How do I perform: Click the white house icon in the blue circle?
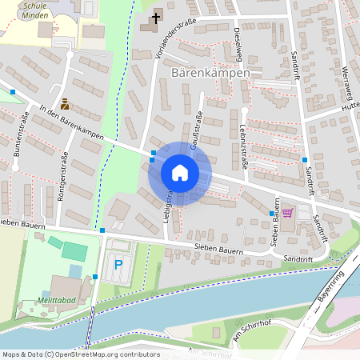point(179,173)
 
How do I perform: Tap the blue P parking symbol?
point(119,264)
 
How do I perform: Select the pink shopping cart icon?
point(287,213)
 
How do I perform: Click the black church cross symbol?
point(155,16)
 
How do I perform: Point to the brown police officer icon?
point(64,103)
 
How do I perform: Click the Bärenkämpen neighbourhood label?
point(210,73)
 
